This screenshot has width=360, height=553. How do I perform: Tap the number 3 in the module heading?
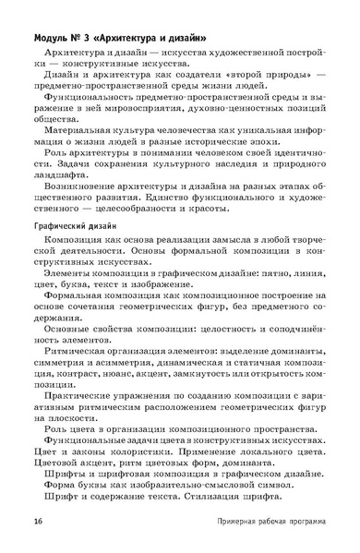(x=102, y=39)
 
